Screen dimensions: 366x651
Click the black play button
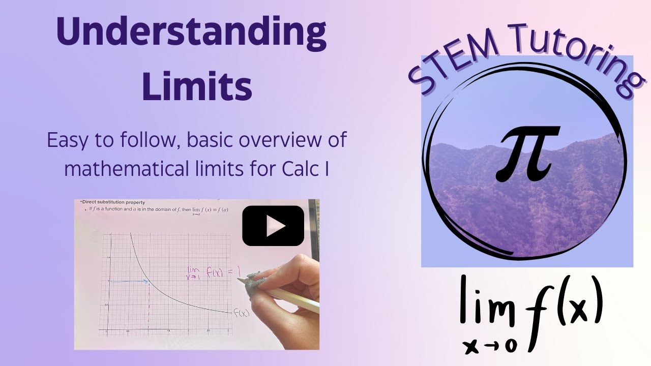273,226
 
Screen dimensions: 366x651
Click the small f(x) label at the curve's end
241,313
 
